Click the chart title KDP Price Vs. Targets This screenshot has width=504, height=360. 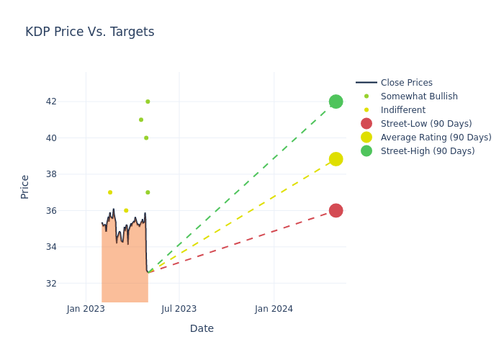coord(89,32)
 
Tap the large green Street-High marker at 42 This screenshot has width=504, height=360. coord(336,102)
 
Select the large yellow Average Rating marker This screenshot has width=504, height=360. coord(336,159)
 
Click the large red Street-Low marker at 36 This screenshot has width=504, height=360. coord(336,210)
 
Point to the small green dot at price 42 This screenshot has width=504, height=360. coord(148,102)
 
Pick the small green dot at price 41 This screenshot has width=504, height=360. coord(141,120)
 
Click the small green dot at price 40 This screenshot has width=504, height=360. coord(146,138)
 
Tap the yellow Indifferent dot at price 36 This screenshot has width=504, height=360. coord(126,211)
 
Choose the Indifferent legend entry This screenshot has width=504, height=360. coord(402,110)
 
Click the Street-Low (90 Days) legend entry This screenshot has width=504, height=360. coord(426,124)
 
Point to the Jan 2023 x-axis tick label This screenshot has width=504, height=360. coord(86,309)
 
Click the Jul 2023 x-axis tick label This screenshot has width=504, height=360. coord(179,309)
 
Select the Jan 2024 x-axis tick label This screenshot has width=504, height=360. coord(274,309)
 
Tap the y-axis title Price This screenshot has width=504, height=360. coord(25,186)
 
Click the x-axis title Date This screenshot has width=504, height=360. coord(202,328)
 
